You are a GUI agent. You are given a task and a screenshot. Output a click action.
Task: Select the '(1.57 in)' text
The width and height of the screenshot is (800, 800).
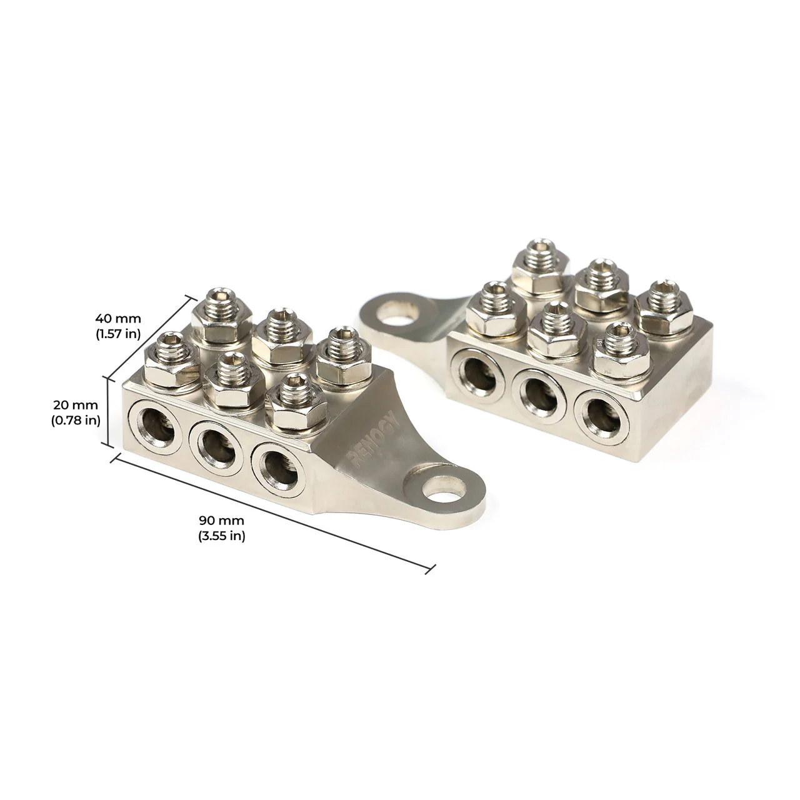click(117, 333)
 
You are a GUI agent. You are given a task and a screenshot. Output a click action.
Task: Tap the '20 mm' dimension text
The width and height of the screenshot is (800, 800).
click(76, 405)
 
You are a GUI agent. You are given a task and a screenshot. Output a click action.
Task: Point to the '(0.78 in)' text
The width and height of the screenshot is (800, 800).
click(76, 420)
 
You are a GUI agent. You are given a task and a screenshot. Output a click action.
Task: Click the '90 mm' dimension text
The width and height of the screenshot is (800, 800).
click(222, 520)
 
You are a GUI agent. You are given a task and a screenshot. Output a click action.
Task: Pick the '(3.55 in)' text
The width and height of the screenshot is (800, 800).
click(222, 535)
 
